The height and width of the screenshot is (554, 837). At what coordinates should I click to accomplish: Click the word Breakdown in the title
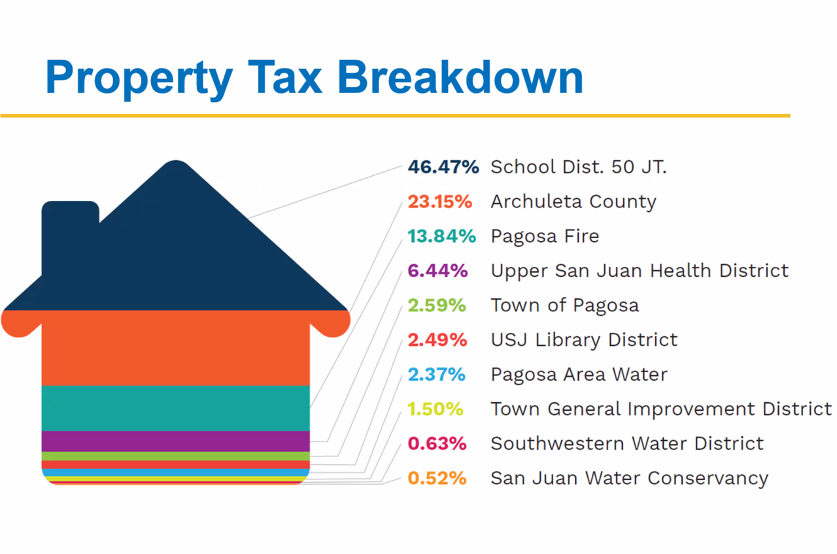[x=460, y=77]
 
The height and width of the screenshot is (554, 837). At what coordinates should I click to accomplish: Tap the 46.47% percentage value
[x=443, y=167]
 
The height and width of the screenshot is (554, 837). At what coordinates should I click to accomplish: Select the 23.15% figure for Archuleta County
[x=439, y=201]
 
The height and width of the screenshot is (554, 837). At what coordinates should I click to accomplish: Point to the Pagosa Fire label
[x=545, y=236]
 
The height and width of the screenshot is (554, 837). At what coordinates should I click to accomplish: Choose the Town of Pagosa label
[x=564, y=305]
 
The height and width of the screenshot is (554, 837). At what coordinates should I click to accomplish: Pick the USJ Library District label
[x=584, y=340]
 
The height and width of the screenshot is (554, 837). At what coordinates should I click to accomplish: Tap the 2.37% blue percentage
[x=436, y=375]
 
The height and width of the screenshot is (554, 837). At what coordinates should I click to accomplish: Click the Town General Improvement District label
[x=661, y=409]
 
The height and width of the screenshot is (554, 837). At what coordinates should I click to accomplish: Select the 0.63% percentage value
[x=437, y=443]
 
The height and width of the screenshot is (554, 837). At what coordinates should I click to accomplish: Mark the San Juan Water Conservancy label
[x=629, y=478]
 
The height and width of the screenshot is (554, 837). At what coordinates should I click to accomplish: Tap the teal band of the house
[x=175, y=408]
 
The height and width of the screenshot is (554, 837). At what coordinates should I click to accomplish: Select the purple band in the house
[x=175, y=441]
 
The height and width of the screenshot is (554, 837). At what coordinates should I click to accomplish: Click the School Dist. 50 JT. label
[x=579, y=167]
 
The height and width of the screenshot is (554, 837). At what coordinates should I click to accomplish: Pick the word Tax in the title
[x=284, y=77]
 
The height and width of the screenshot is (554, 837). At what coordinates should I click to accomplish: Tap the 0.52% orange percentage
[x=437, y=478]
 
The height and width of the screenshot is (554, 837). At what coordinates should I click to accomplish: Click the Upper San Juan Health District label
[x=640, y=271]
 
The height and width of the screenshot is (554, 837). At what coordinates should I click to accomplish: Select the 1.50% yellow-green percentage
[x=435, y=409]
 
